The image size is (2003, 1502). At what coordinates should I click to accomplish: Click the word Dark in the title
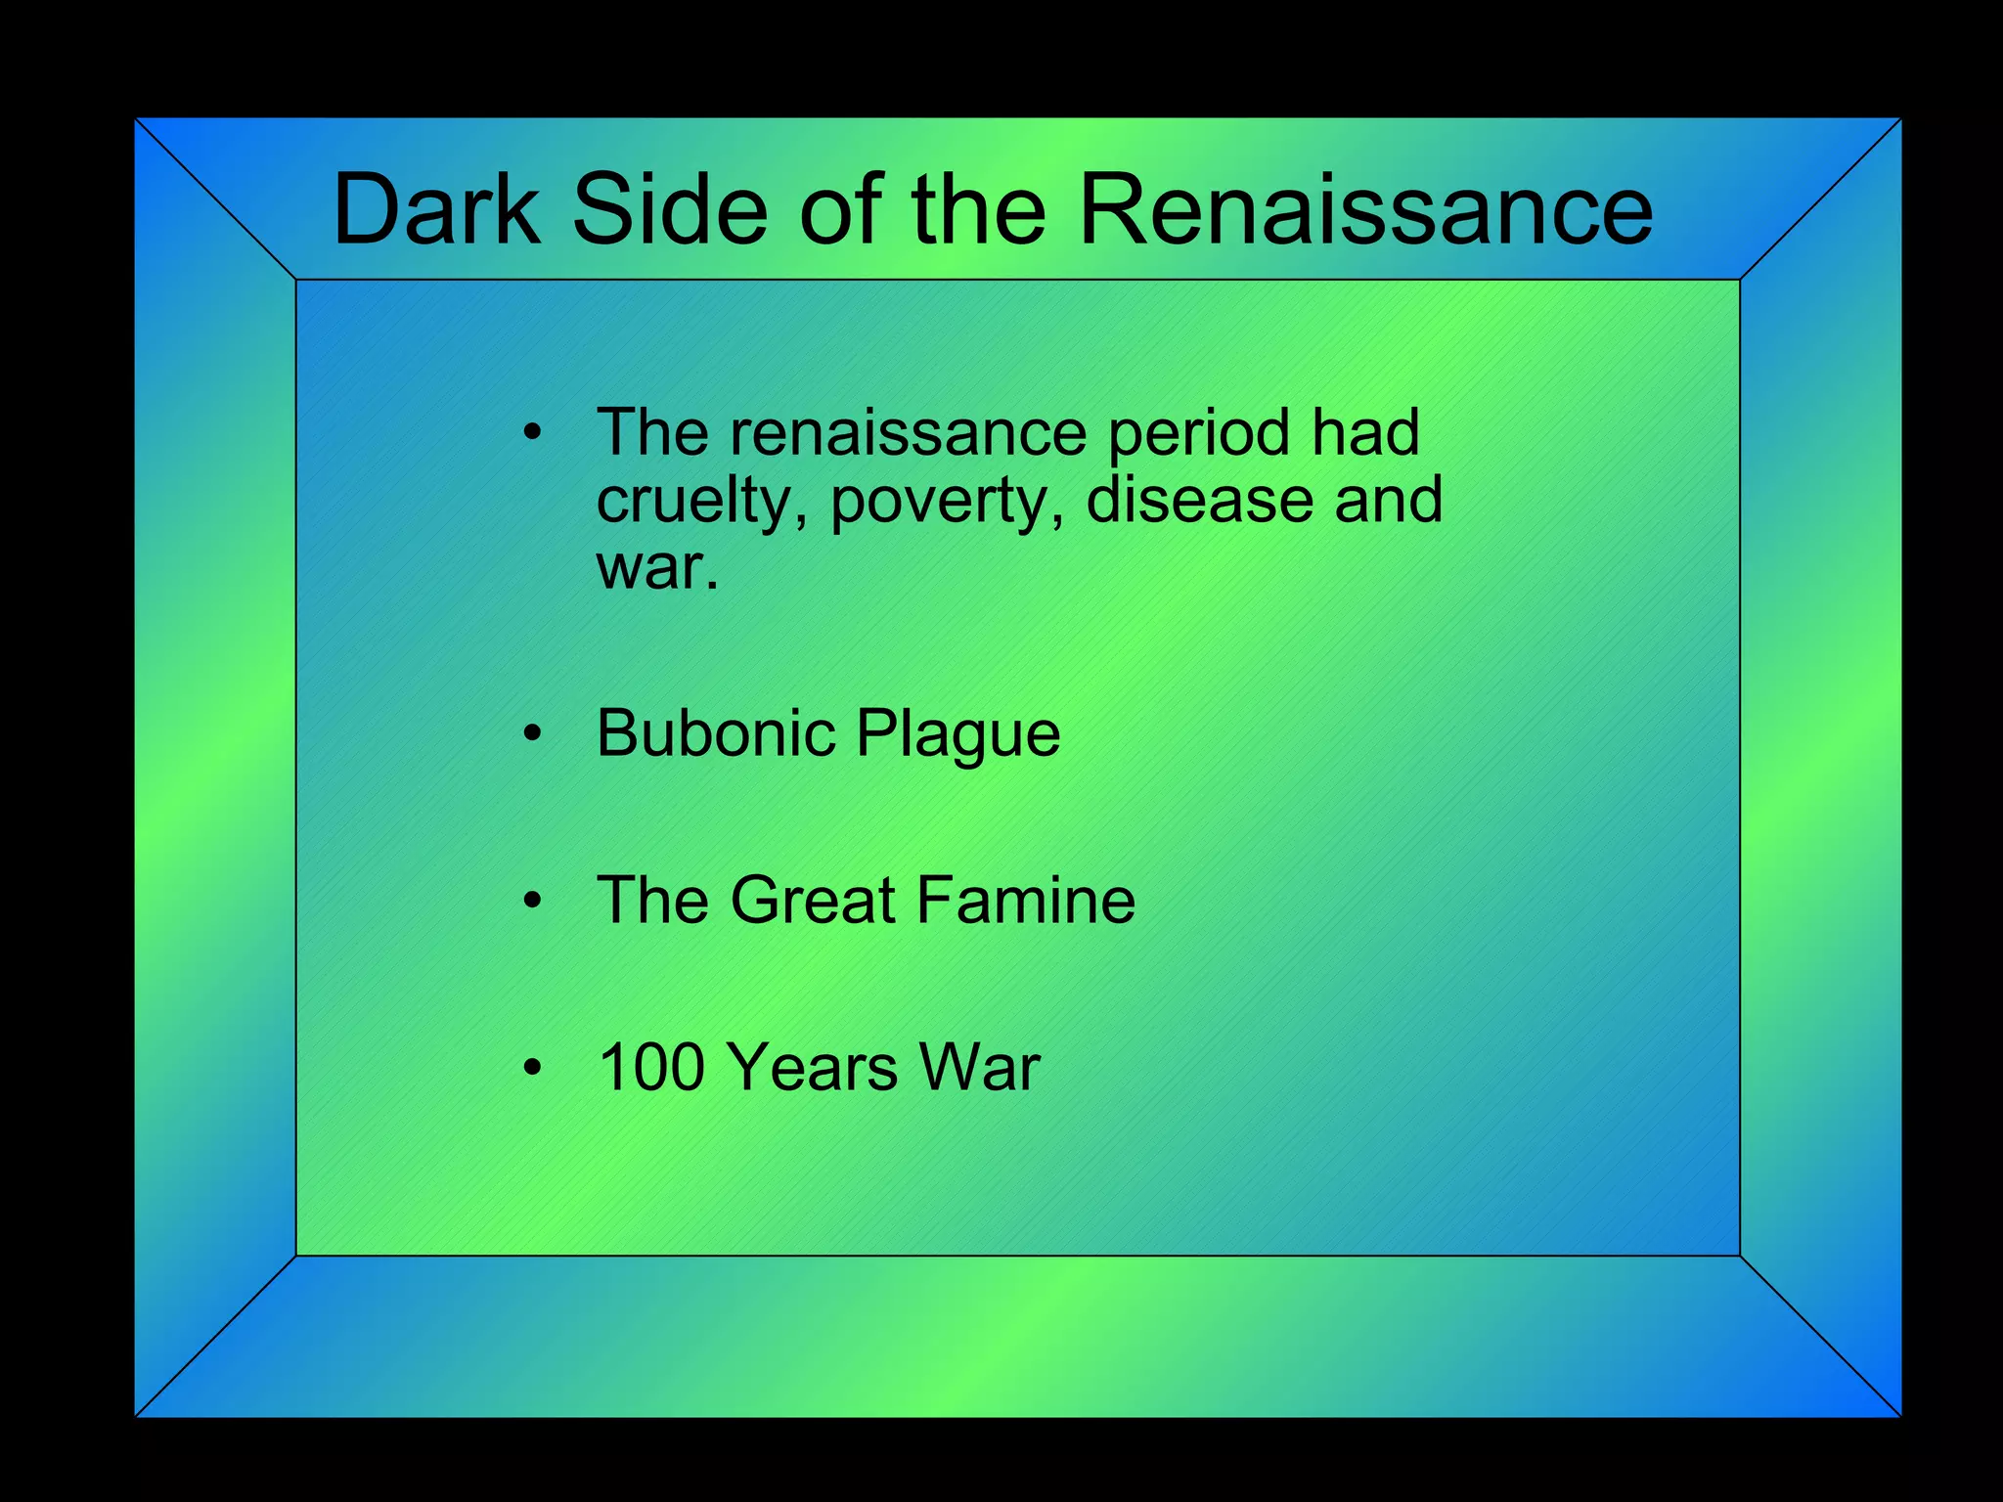pyautogui.click(x=436, y=209)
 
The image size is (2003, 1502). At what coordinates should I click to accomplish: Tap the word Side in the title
pyautogui.click(x=670, y=209)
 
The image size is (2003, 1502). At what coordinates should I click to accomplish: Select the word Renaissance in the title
pyautogui.click(x=1365, y=209)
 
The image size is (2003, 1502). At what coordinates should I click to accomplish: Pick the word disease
pyautogui.click(x=1199, y=500)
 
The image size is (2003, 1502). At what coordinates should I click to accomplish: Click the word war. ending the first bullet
pyautogui.click(x=657, y=567)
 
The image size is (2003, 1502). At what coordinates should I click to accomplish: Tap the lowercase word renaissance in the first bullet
pyautogui.click(x=909, y=432)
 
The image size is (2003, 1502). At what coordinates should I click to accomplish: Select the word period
pyautogui.click(x=1199, y=434)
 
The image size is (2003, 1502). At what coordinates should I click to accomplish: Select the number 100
pyautogui.click(x=651, y=1067)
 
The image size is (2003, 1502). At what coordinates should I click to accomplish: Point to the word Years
pyautogui.click(x=814, y=1067)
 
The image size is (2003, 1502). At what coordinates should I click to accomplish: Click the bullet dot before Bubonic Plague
pyautogui.click(x=532, y=734)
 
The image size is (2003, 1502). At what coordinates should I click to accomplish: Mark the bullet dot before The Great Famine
pyautogui.click(x=532, y=902)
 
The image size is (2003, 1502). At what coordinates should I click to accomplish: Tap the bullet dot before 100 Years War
pyautogui.click(x=532, y=1068)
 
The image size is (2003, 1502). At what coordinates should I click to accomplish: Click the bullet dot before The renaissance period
pyautogui.click(x=532, y=433)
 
